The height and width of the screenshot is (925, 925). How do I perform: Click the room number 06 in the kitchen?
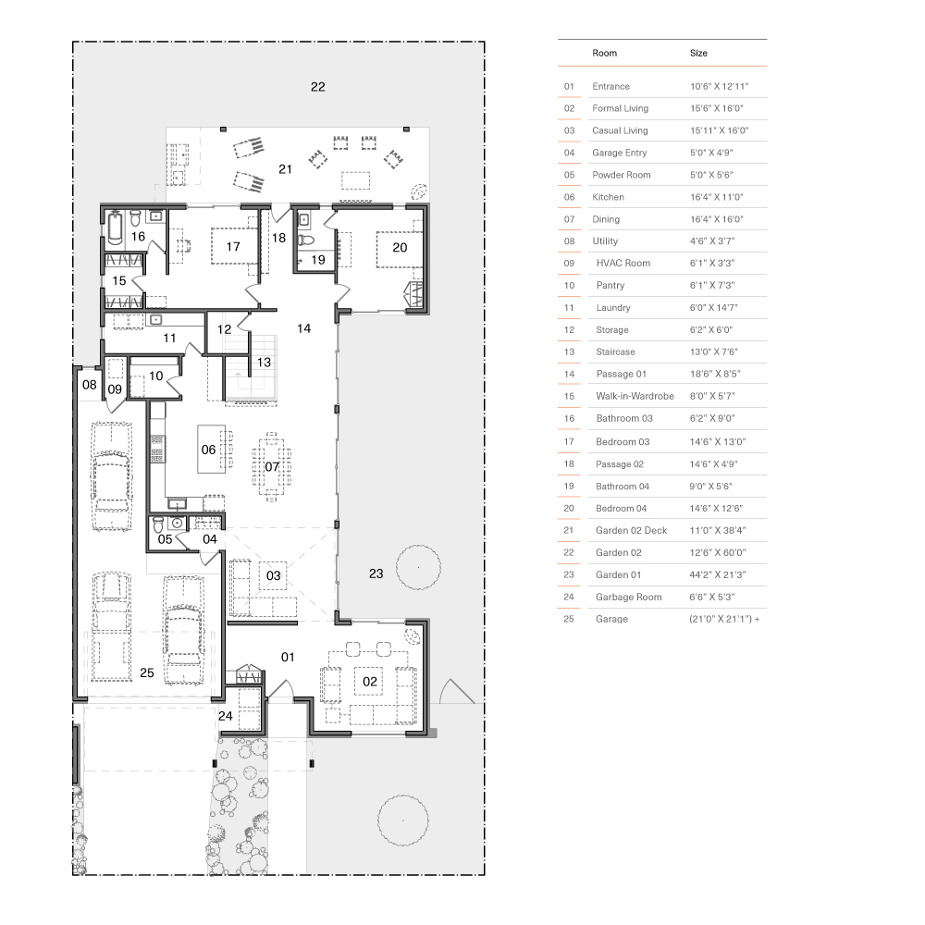click(209, 450)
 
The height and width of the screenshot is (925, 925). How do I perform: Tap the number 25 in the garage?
click(147, 672)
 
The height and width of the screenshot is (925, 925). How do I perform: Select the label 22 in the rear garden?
click(318, 87)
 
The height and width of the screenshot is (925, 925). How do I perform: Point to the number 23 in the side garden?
click(376, 573)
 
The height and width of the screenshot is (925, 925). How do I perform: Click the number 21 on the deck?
click(286, 168)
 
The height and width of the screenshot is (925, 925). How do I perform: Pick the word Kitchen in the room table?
click(608, 197)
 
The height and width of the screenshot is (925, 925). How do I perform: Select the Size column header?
click(698, 54)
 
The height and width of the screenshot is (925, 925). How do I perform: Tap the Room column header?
click(604, 54)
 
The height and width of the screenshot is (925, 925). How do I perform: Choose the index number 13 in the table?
click(569, 351)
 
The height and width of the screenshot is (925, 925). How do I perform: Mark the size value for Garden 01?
click(718, 574)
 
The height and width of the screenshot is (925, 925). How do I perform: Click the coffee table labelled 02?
click(370, 682)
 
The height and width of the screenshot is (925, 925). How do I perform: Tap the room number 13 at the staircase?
click(265, 363)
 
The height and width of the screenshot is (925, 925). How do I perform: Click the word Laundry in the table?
click(613, 307)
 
